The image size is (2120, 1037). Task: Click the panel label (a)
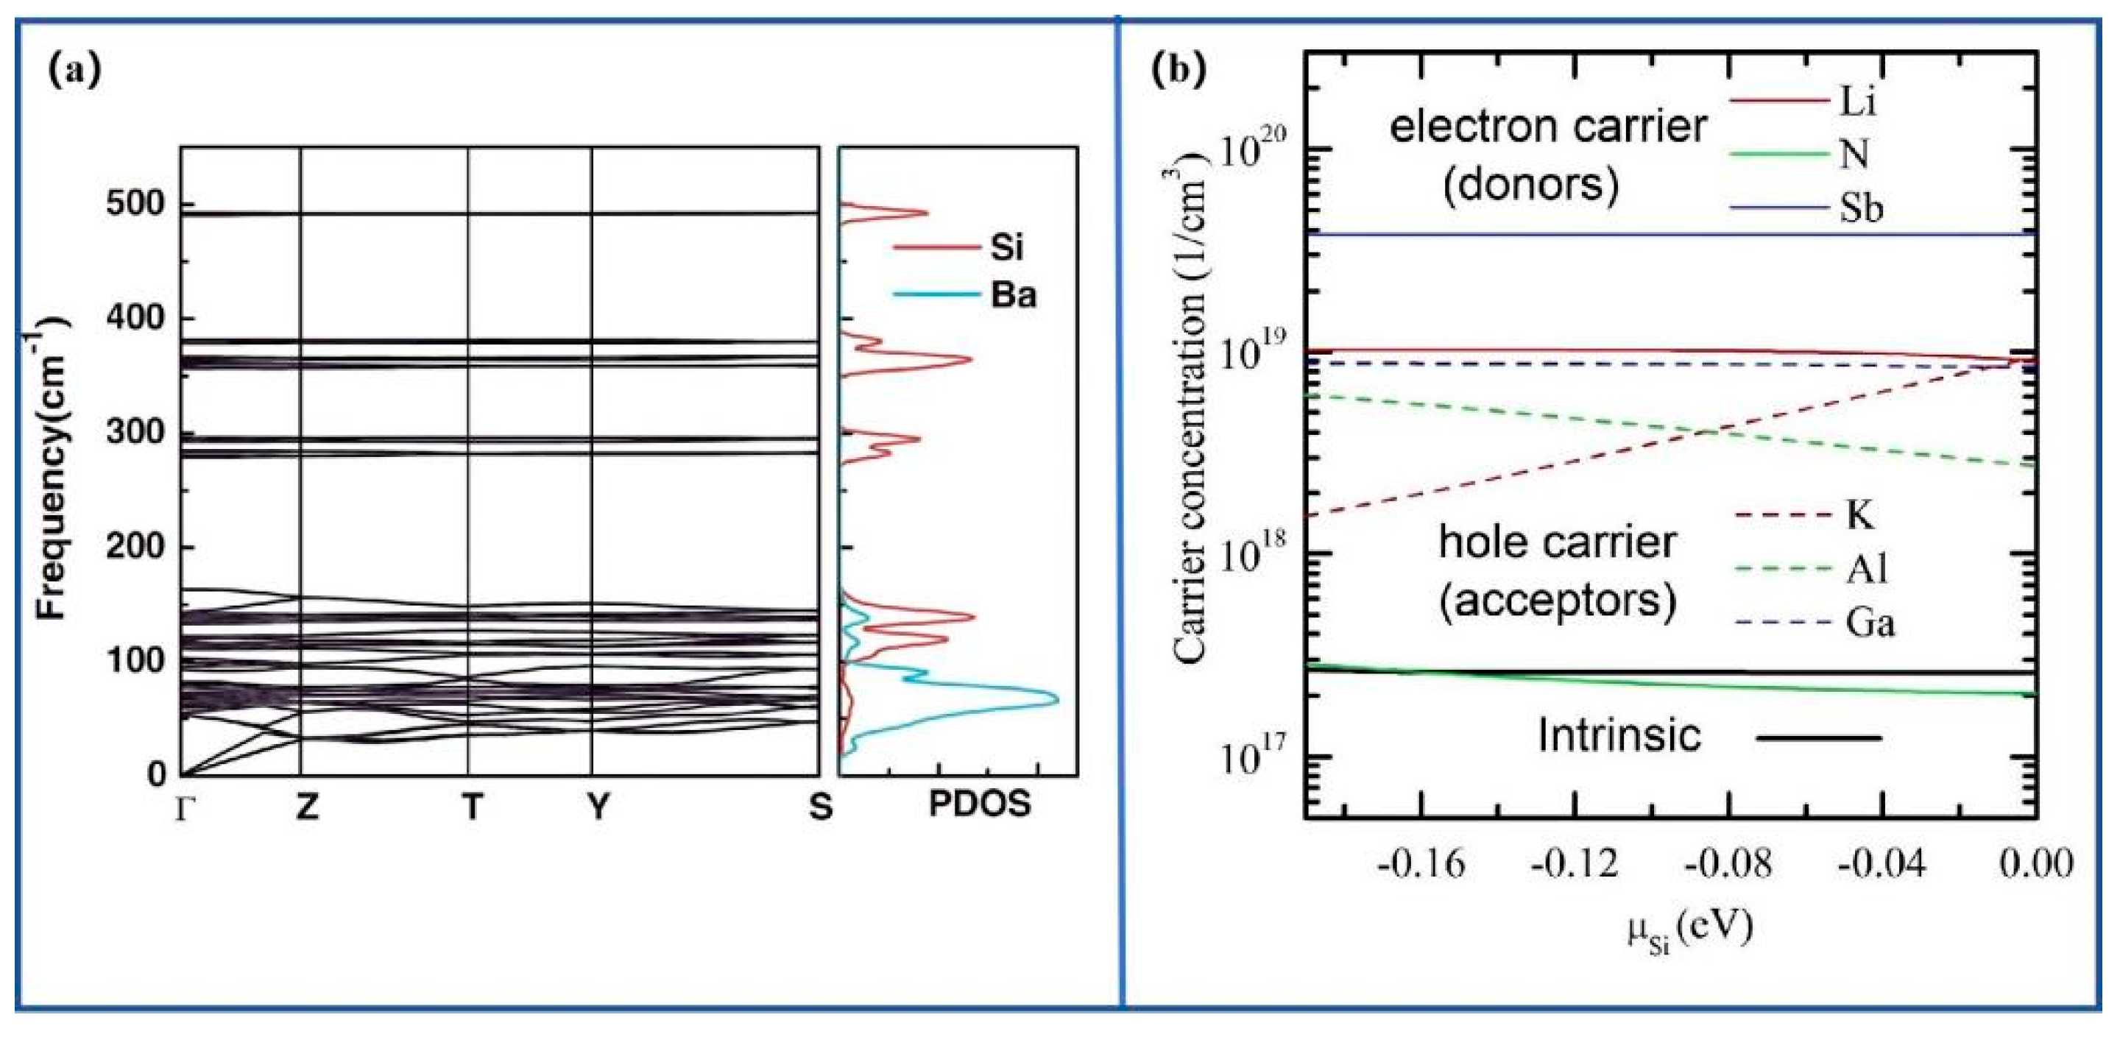coord(75,71)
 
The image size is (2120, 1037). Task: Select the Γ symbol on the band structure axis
coord(183,808)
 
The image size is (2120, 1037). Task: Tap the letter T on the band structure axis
coord(471,807)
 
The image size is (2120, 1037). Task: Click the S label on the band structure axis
coord(820,807)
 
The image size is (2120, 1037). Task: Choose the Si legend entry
coord(1006,246)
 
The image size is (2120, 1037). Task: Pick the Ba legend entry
coord(1012,294)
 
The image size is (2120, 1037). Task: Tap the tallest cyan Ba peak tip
coord(1057,701)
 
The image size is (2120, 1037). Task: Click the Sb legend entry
coord(1861,208)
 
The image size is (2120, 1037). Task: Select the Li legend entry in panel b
coord(1857,102)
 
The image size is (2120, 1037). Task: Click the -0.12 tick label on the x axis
coord(1574,865)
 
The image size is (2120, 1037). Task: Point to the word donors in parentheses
coord(1531,184)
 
